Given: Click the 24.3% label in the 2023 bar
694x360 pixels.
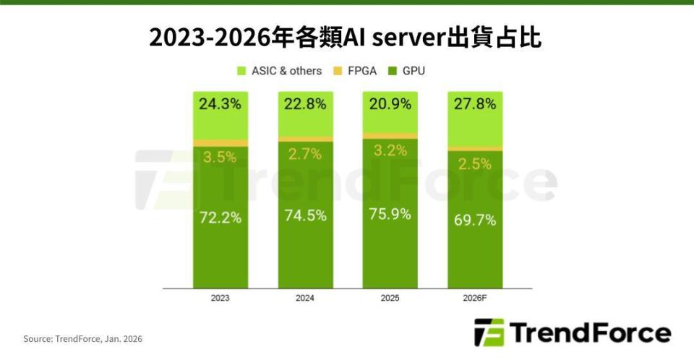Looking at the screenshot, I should pos(220,104).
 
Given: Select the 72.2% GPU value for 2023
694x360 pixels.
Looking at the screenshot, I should pos(220,218).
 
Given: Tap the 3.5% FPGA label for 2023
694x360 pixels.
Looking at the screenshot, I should pos(220,157).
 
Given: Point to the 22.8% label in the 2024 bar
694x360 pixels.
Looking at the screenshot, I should pos(305,104).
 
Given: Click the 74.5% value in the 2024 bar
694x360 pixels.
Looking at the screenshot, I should pos(305,215).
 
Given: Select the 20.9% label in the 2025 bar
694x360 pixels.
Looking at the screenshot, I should pos(390,104).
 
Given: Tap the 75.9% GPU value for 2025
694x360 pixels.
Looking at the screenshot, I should pos(390,214).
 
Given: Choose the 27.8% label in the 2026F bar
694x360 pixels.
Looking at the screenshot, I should pos(475,104).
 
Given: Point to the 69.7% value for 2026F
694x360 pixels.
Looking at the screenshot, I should pos(475,220).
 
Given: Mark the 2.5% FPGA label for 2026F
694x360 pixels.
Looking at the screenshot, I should pos(475,164).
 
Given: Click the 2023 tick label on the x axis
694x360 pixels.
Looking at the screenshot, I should pos(220,298).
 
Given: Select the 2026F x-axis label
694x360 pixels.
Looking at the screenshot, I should pos(475,298).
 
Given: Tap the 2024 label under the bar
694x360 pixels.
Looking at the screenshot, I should pos(305,298).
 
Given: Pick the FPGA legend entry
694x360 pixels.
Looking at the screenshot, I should pos(354,71).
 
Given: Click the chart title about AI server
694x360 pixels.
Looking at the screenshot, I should pos(346,38).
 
